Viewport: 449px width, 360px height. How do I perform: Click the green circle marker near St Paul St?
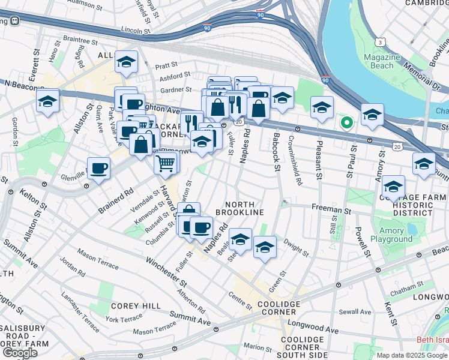click(x=346, y=123)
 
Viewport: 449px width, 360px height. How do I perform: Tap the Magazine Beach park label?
click(x=382, y=61)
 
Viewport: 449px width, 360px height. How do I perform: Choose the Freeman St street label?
click(x=331, y=211)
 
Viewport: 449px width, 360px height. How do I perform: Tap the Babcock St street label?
click(x=277, y=156)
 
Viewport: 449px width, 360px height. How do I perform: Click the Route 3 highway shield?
click(x=381, y=42)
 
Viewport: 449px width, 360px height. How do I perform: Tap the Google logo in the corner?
click(x=20, y=353)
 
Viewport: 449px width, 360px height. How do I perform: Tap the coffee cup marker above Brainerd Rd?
click(x=98, y=168)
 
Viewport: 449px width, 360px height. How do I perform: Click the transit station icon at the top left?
click(x=13, y=20)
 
